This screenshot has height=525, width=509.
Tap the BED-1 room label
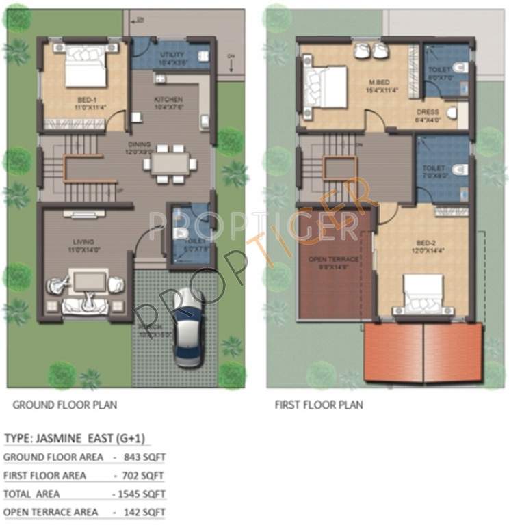[88, 103]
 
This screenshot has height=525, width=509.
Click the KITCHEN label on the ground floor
[168, 100]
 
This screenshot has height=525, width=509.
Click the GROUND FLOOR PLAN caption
[65, 405]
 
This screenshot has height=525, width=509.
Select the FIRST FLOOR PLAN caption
[319, 405]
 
